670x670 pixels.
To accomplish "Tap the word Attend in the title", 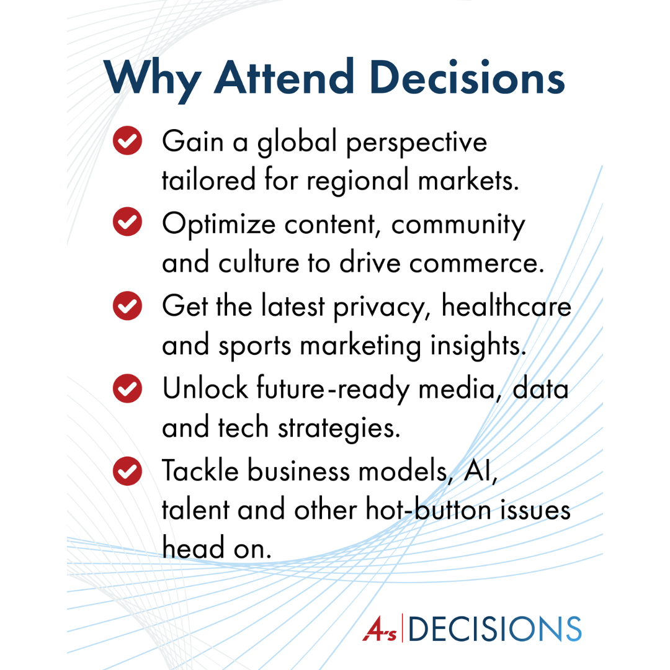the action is point(284,77).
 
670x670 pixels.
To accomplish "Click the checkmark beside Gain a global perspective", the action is point(127,141).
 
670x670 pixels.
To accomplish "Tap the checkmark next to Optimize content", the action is point(127,221).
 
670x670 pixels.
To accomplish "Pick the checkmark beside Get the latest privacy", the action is point(127,305).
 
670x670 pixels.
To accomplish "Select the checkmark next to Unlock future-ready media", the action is point(127,388).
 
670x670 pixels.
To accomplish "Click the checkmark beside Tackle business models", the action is point(127,471).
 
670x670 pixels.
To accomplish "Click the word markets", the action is point(468,180).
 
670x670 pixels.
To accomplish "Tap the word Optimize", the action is point(219,225).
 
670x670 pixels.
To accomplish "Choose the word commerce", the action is point(477,264).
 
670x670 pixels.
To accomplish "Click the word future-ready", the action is point(333,390).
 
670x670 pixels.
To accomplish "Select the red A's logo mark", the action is point(380,628).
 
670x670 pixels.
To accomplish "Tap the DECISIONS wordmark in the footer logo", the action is point(495,629).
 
